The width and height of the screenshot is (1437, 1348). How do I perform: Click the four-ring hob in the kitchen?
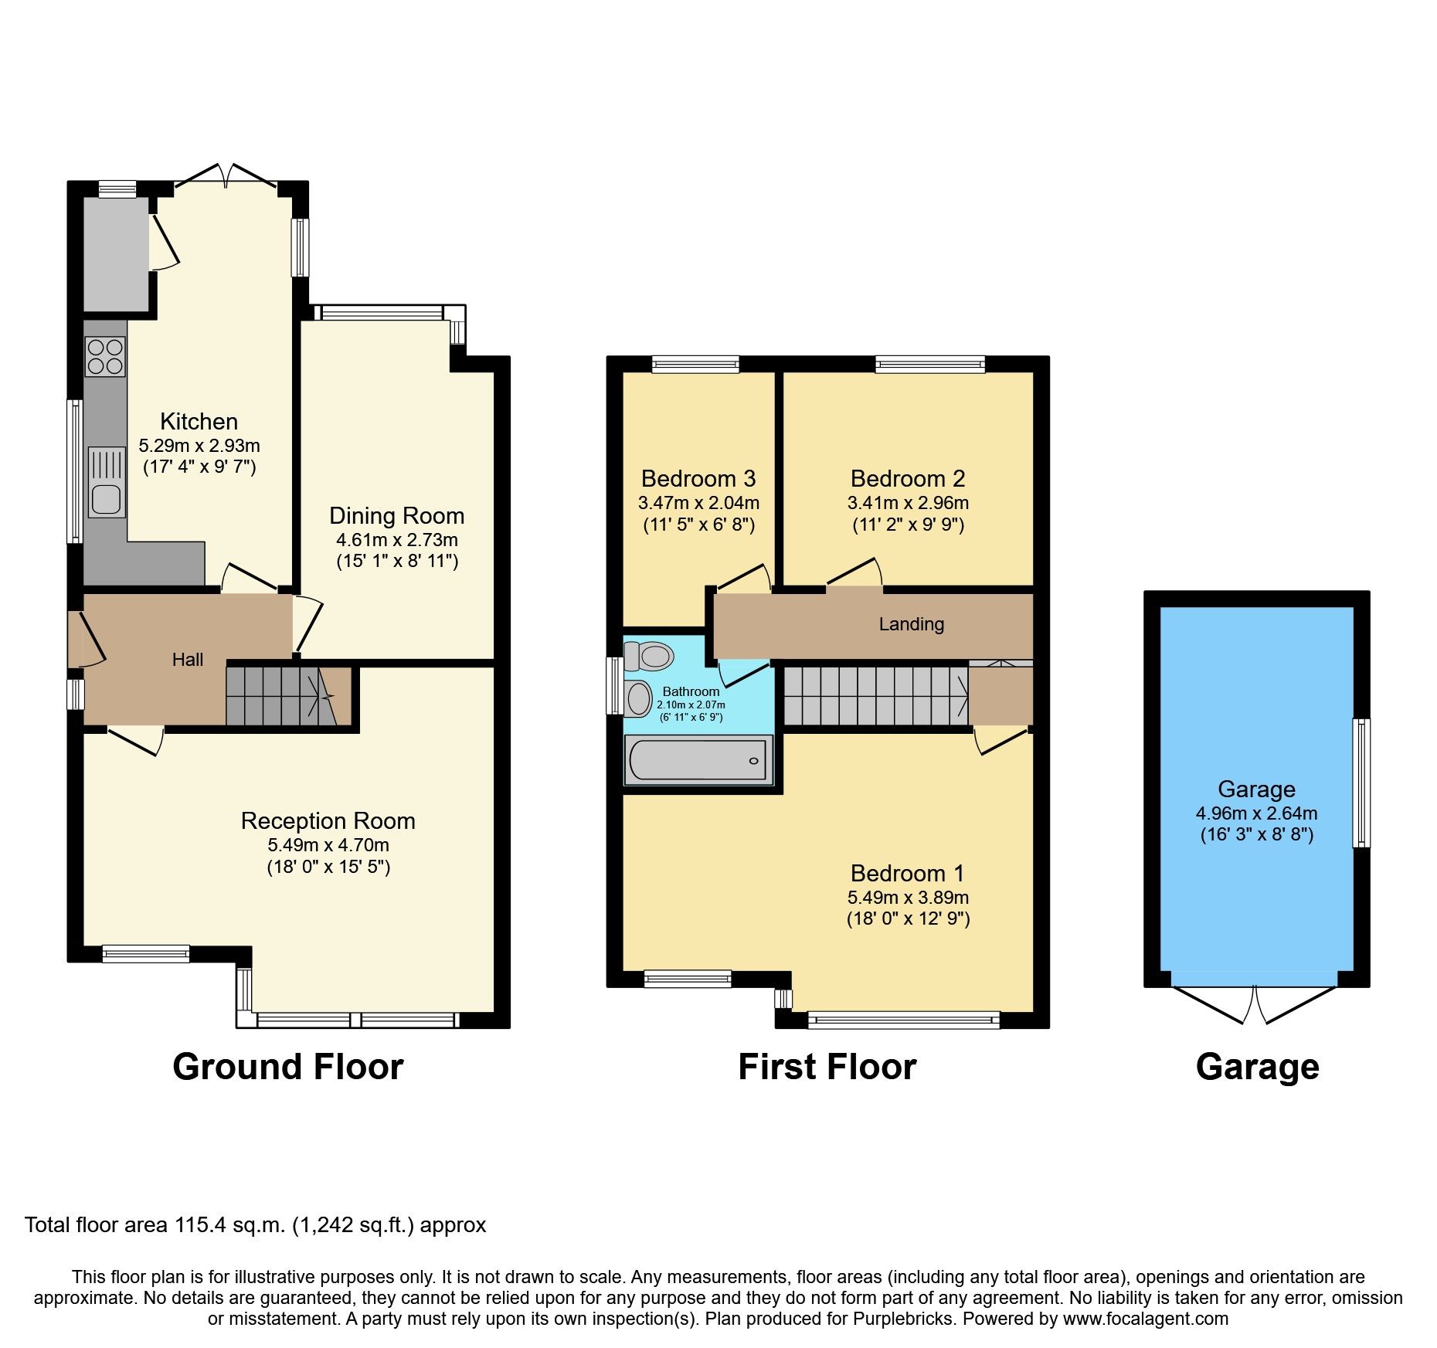106,356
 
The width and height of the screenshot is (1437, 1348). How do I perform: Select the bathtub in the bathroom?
698,760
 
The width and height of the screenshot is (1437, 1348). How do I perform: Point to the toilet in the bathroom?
650,657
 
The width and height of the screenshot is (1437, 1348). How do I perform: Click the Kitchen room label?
199,421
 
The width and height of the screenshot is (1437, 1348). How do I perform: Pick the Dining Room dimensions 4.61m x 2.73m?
396,539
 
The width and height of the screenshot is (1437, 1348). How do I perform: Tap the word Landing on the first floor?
911,624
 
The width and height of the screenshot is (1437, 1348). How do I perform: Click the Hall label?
188,659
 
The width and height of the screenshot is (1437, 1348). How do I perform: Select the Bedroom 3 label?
698,478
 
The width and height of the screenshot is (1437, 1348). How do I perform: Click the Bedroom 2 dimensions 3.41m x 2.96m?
907,503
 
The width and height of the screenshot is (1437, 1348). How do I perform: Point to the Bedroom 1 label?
907,873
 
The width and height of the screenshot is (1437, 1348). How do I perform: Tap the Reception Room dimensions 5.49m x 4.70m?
328,845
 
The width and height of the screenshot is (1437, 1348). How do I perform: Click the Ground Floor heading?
287,1067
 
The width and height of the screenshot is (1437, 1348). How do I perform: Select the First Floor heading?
826,1067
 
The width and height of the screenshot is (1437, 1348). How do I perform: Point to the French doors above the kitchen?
225,176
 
